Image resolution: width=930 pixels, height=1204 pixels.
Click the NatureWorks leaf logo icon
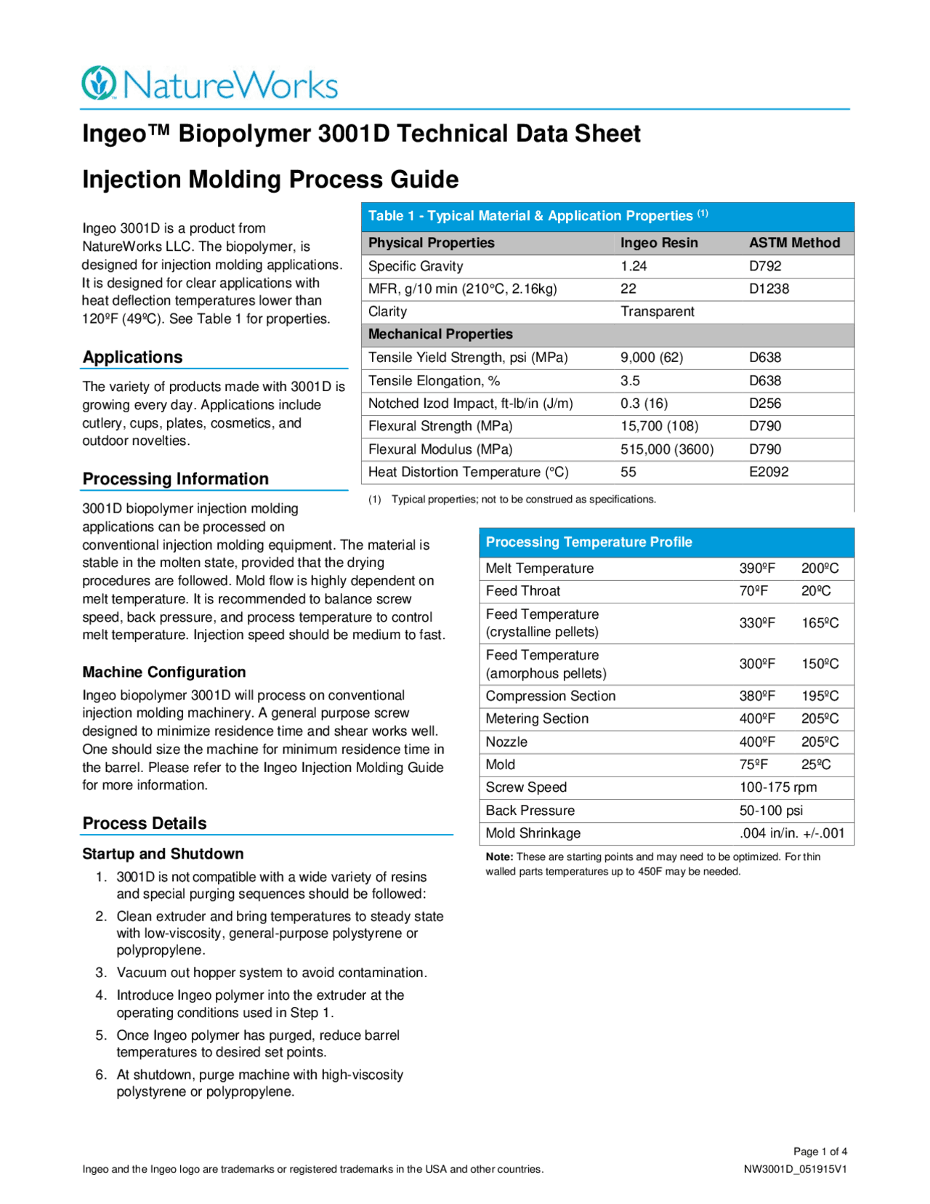click(x=99, y=83)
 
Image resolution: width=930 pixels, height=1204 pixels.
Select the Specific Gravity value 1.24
click(x=634, y=266)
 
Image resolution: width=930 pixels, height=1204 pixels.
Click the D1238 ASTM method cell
click(x=769, y=289)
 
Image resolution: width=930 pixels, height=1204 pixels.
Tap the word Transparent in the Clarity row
click(x=657, y=311)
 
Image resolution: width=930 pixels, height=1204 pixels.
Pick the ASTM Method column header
click(x=794, y=243)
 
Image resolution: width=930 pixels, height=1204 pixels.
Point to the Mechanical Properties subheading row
click(x=440, y=334)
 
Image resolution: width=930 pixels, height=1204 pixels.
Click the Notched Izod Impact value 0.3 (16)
click(x=644, y=403)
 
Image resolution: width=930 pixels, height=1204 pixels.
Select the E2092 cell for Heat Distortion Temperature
click(x=768, y=472)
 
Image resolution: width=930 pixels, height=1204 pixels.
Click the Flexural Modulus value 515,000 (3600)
click(x=666, y=449)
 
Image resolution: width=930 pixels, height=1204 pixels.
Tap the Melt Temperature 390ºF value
click(x=756, y=569)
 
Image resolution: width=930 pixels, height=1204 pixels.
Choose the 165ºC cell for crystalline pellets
click(x=820, y=623)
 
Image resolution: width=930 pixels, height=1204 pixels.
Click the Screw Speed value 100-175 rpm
click(x=777, y=787)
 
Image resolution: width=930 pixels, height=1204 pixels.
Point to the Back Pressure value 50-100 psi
click(x=771, y=811)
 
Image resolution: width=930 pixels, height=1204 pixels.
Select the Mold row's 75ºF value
click(x=753, y=765)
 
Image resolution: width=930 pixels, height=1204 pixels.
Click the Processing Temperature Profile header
click(x=589, y=542)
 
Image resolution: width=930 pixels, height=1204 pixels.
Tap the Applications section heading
click(x=132, y=357)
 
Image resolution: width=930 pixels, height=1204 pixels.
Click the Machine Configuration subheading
click(x=163, y=672)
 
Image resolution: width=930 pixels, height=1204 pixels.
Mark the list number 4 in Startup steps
click(x=101, y=995)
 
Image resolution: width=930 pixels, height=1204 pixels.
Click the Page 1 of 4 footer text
click(x=820, y=1152)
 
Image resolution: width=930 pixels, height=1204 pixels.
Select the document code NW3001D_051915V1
click(x=795, y=1169)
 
